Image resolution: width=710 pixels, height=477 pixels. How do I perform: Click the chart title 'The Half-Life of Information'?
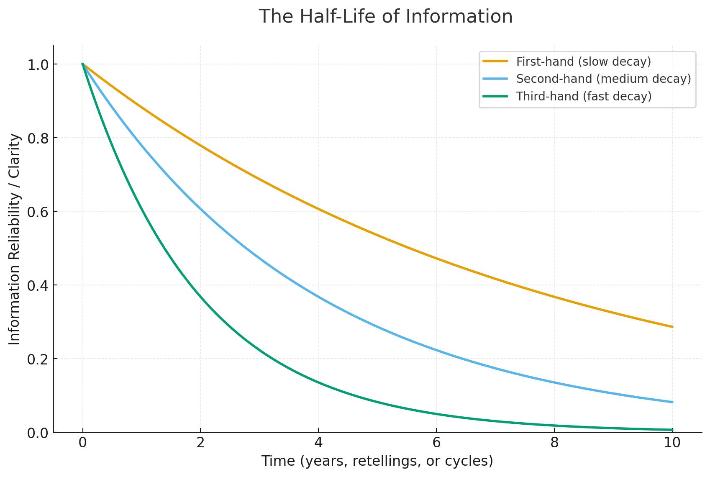385,17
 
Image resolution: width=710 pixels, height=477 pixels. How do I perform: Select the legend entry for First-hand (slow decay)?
584,62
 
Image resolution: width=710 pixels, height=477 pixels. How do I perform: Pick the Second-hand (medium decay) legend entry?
603,79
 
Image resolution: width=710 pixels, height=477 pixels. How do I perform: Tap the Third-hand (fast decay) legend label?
584,96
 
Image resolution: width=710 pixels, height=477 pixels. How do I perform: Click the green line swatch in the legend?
495,96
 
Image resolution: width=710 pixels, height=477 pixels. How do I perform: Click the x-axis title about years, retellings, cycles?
377,461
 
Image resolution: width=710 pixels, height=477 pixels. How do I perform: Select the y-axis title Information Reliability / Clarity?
15,239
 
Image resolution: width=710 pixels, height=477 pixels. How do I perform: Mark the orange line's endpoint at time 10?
672,327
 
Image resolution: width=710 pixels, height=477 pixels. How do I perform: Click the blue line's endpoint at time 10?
672,402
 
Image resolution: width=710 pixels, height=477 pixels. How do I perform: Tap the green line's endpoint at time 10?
672,430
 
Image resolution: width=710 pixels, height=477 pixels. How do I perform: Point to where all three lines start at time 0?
83,64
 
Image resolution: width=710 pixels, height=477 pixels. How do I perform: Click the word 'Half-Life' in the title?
335,17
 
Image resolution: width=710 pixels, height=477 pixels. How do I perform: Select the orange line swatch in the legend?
495,62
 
